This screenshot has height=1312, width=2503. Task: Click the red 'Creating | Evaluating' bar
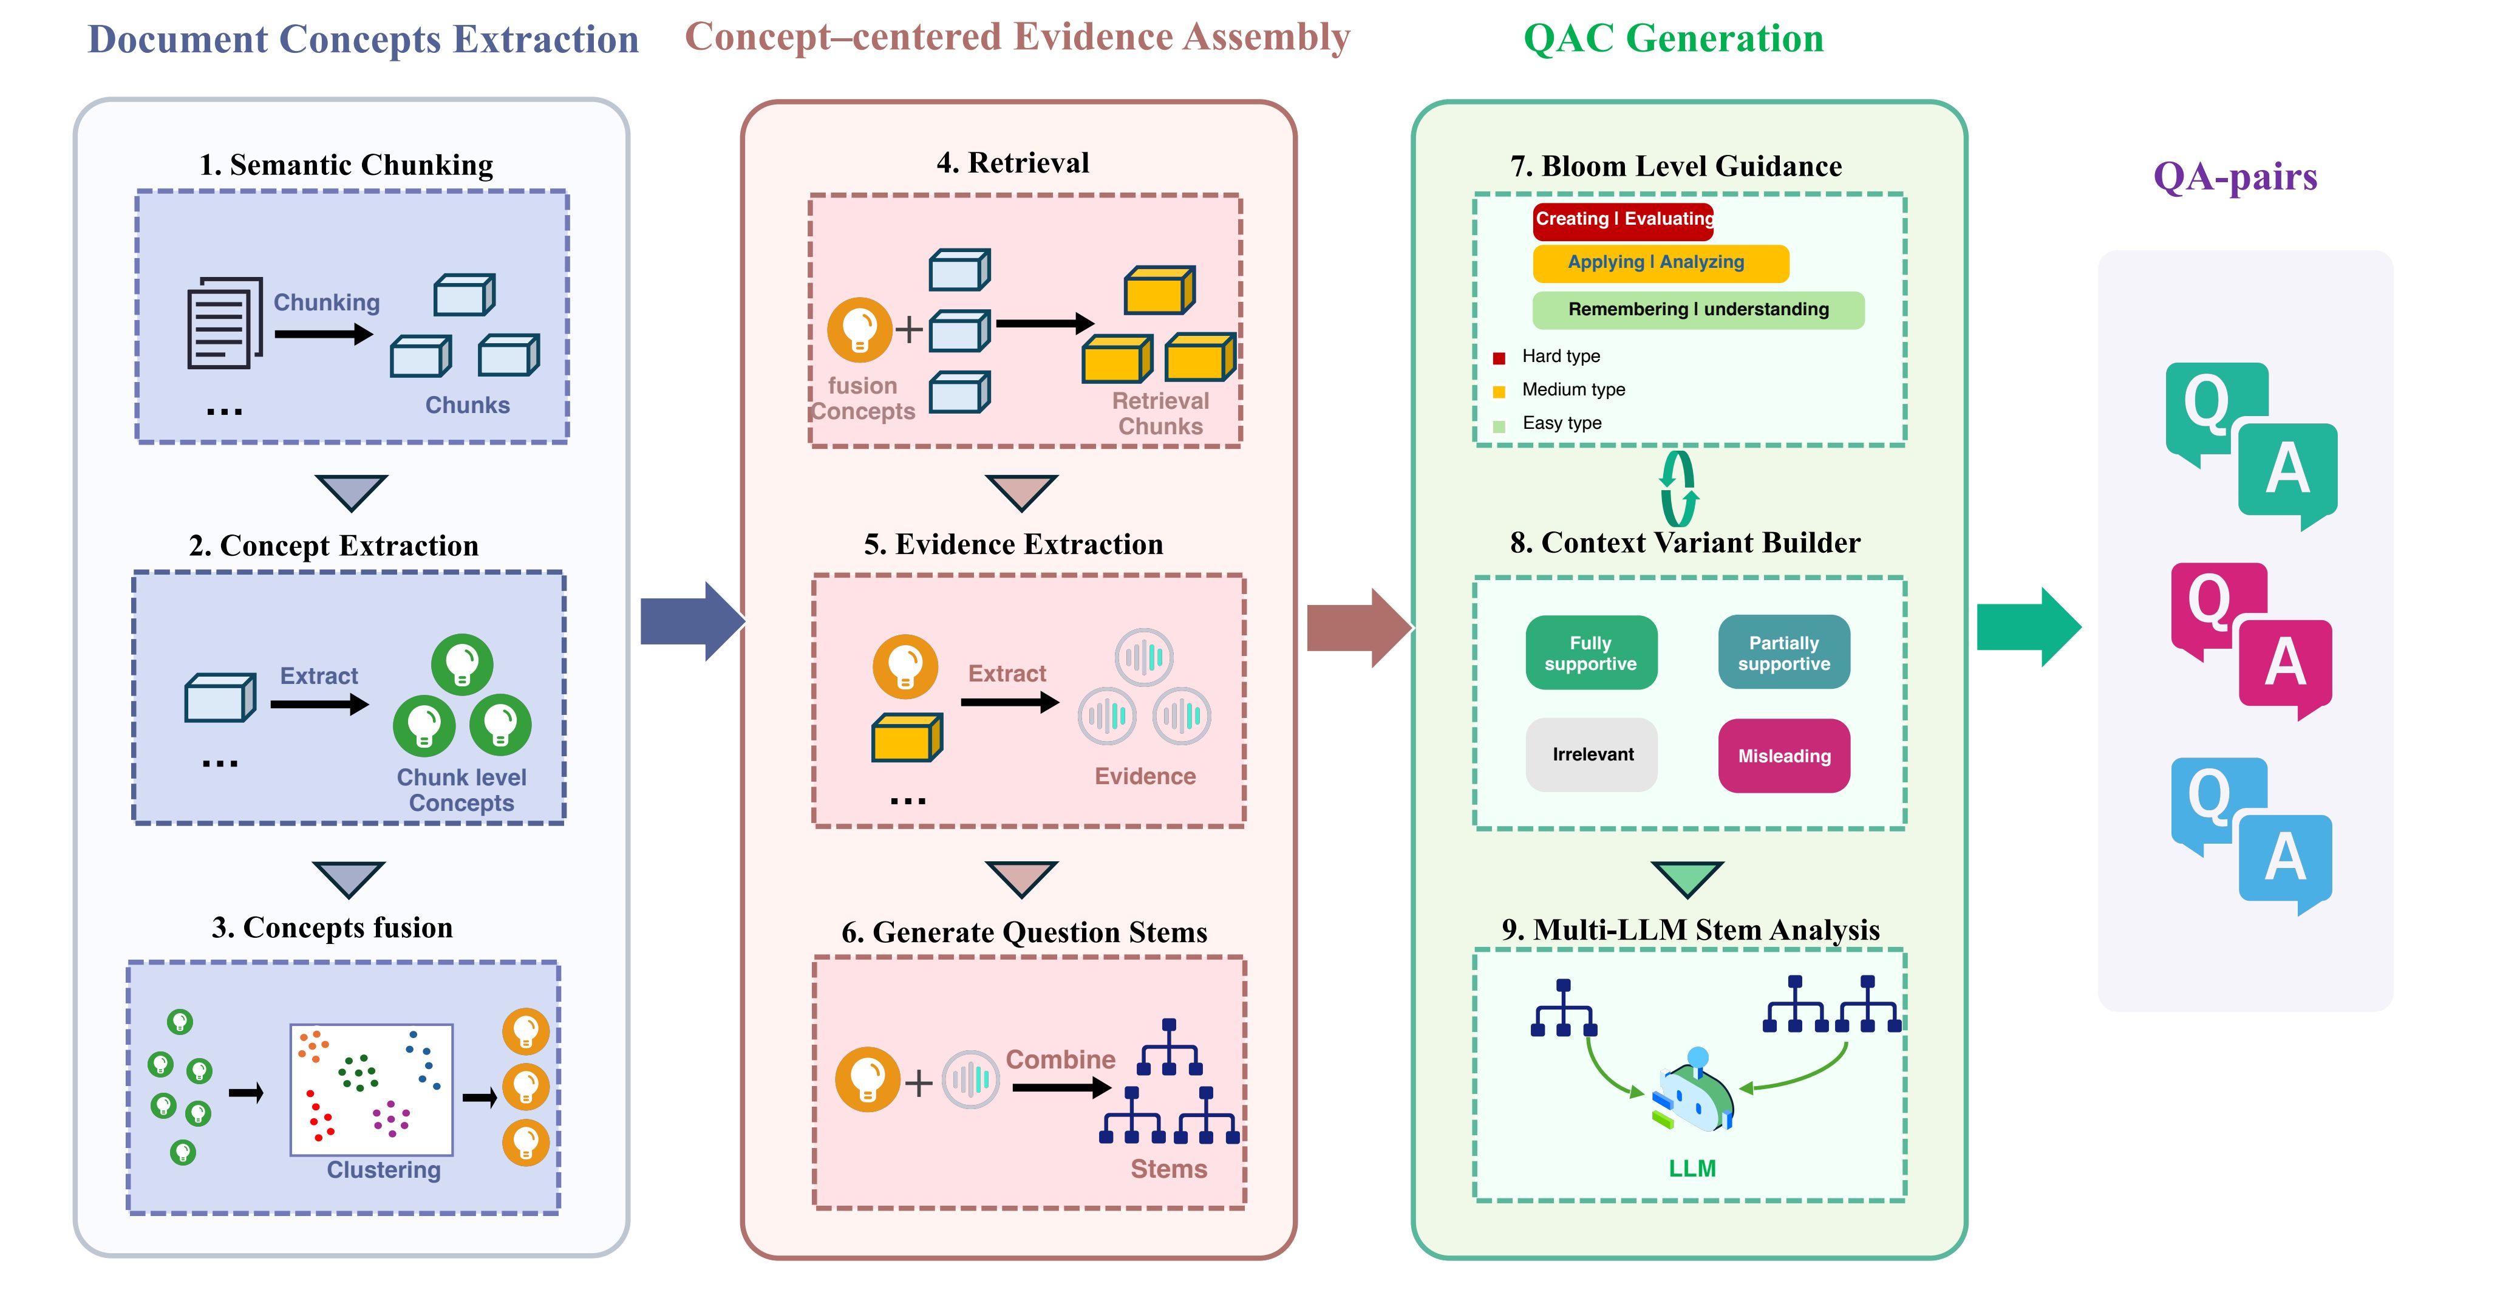pyautogui.click(x=1623, y=220)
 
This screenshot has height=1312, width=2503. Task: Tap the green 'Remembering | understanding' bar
pyautogui.click(x=1697, y=310)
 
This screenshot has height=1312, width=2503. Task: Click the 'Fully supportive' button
pyautogui.click(x=1590, y=653)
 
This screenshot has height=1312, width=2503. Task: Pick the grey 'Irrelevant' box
pyautogui.click(x=1592, y=755)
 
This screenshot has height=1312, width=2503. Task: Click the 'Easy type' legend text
pyautogui.click(x=1561, y=423)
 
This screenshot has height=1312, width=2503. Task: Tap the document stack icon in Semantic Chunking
pyautogui.click(x=225, y=324)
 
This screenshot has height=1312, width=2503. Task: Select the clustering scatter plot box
pyautogui.click(x=371, y=1088)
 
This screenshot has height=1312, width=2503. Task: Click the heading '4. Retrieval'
pyautogui.click(x=1012, y=163)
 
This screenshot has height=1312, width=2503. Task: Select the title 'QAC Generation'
pyautogui.click(x=1672, y=39)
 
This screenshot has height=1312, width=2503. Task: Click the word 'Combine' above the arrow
pyautogui.click(x=1060, y=1059)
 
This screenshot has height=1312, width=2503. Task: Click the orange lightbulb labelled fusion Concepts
pyautogui.click(x=859, y=329)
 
